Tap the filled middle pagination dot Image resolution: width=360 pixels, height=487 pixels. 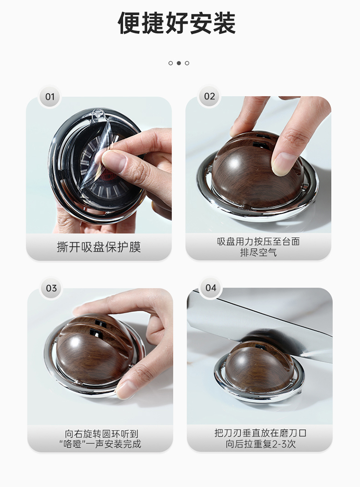179,63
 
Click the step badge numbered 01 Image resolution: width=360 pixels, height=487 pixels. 50,97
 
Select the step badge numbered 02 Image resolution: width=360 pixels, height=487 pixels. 209,96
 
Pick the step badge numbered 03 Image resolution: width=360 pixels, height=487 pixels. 51,288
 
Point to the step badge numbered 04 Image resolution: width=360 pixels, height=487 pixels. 211,288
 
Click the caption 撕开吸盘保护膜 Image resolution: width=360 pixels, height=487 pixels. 99,247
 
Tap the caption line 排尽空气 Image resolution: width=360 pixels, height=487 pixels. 258,252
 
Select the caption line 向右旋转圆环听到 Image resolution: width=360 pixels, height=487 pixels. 101,434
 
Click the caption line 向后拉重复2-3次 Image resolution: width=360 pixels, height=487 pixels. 261,444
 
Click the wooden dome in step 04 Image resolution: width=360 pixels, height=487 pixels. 260,366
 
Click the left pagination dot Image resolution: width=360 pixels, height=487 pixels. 170,63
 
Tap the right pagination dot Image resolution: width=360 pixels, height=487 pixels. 187,63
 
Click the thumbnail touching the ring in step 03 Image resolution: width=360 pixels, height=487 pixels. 126,389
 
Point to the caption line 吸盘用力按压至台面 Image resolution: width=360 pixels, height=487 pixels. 258,241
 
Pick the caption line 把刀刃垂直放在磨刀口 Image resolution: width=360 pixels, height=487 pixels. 260,433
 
